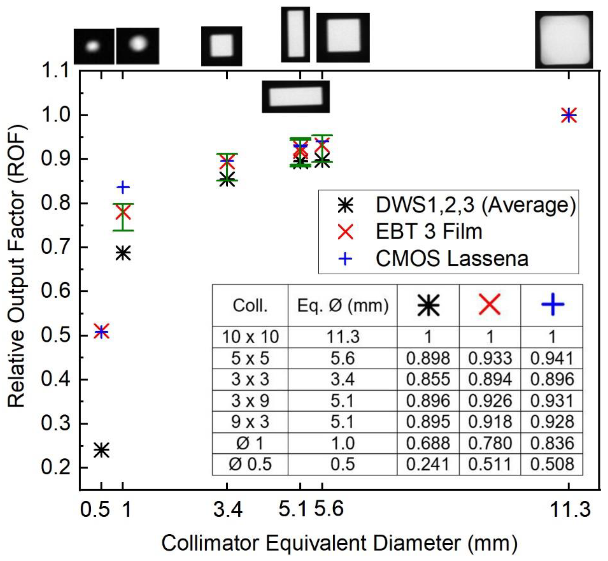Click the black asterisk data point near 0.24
tap(101, 450)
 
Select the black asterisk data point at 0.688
tap(123, 253)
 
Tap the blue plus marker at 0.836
tap(123, 187)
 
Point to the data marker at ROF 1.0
tap(569, 115)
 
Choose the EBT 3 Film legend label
tap(429, 232)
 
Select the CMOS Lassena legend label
tap(452, 259)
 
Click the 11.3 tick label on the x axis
tap(570, 509)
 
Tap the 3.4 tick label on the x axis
tap(228, 509)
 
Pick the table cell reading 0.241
tap(428, 464)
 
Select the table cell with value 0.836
tap(552, 443)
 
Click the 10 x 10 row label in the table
tap(250, 337)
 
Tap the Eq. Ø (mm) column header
tap(343, 305)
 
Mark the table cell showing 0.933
tap(490, 358)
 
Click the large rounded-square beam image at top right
tap(564, 39)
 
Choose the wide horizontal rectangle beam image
tap(296, 97)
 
